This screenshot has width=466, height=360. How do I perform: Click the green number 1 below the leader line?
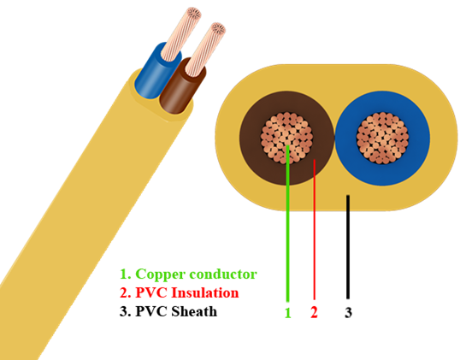pos(287,313)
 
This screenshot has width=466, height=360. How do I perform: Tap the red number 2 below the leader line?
pos(314,312)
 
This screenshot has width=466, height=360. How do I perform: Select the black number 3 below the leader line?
pos(348,313)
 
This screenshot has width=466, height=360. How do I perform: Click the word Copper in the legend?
pos(160,274)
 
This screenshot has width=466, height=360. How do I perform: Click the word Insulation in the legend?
pos(205,292)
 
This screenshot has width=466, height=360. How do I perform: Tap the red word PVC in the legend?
pos(151,292)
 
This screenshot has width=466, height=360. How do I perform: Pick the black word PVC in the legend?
pos(151,311)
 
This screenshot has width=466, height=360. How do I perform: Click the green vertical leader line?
pos(287,223)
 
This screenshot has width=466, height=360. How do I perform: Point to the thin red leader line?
pos(315,229)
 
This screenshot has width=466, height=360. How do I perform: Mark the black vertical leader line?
pos(348,247)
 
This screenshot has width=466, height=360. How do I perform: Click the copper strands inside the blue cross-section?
pos(382,138)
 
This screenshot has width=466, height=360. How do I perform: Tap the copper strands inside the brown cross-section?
pos(286,138)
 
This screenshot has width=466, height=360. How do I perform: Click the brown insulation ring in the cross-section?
pos(286,101)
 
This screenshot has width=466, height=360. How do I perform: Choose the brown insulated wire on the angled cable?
pos(179,89)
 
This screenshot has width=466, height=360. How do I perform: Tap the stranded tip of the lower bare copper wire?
pos(217,29)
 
